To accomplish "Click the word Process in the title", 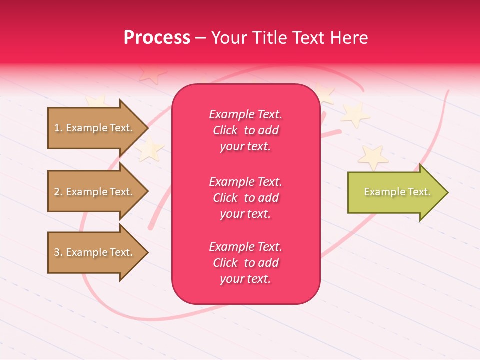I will point(157,38).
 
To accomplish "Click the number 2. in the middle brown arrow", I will point(58,192).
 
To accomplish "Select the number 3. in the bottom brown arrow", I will point(58,252).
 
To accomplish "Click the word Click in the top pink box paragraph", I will point(225,130).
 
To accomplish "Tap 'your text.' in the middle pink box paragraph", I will point(245,214).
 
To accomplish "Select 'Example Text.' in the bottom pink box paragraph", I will point(245,247).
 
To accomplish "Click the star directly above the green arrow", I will point(373,157).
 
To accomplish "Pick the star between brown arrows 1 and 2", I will point(149,149).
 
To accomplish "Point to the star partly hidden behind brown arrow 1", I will point(95,102).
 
